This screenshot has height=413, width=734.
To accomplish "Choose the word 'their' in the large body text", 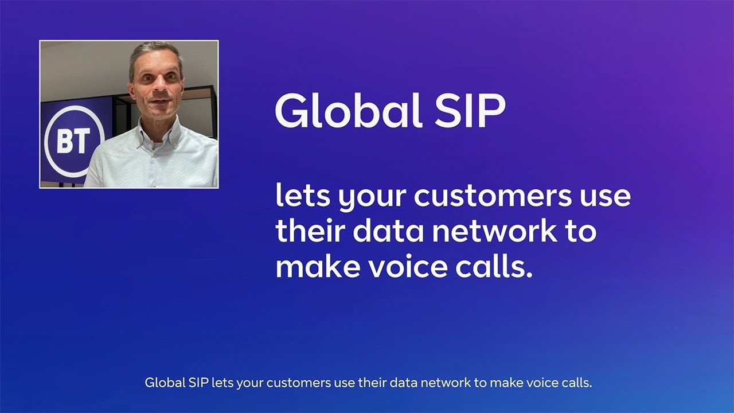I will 309,231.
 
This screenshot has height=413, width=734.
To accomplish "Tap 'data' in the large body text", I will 388,231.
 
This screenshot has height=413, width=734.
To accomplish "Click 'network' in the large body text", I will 494,231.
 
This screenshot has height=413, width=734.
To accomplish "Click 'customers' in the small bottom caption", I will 299,383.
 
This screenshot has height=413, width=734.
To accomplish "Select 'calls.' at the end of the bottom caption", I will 577,383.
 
